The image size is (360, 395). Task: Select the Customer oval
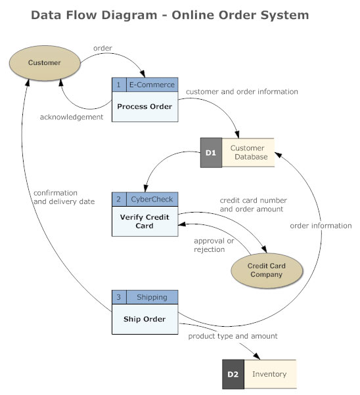pos(44,63)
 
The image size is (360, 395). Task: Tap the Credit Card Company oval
pos(266,270)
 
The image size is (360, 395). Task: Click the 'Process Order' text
pos(145,106)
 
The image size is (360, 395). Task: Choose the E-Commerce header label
pos(152,85)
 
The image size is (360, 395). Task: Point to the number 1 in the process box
pos(118,85)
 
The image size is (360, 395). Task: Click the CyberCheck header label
pos(152,199)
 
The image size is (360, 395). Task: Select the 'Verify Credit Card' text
pos(145,221)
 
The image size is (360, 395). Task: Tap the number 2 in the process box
pos(118,199)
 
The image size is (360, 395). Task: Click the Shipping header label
pos(152,297)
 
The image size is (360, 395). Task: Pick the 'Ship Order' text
pos(145,320)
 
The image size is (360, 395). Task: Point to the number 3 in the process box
pos(118,297)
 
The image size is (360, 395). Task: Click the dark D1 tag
pos(211,152)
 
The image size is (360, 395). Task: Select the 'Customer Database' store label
pos(248,152)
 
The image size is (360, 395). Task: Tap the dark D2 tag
pos(233,374)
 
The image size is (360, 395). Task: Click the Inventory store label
pos(270,374)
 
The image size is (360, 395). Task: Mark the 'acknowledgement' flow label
pos(72,117)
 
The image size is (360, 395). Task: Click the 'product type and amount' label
pos(233,336)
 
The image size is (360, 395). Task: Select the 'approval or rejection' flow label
pos(214,245)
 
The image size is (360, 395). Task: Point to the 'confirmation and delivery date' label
pos(64,197)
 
